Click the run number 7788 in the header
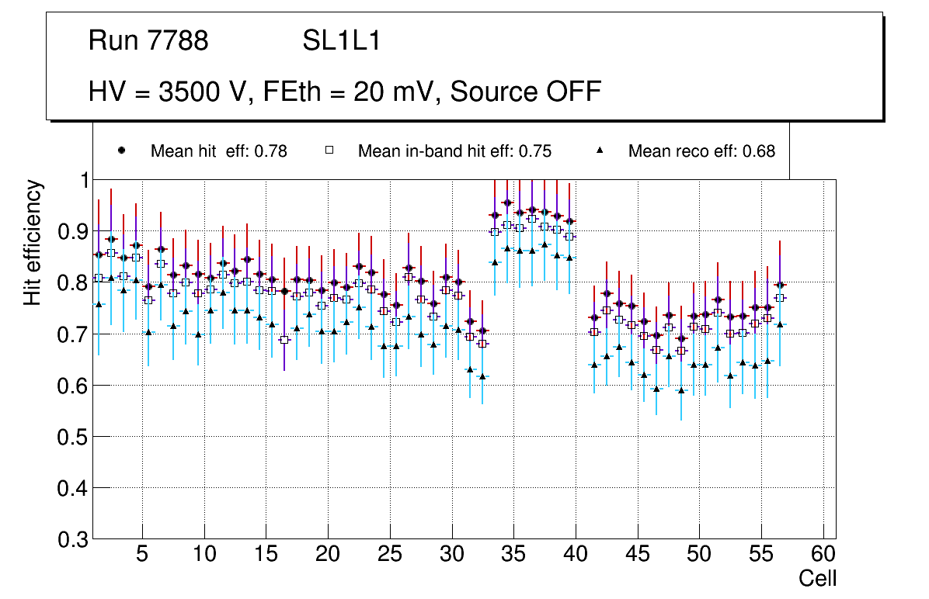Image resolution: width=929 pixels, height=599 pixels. (x=179, y=41)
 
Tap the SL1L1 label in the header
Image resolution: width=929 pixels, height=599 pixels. (x=342, y=41)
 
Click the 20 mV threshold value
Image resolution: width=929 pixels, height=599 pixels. (x=393, y=92)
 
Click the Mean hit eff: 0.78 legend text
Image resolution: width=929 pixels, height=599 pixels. (x=218, y=151)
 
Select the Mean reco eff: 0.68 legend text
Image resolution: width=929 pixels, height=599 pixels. (x=701, y=151)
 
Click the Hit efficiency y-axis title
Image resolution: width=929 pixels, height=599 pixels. (x=33, y=242)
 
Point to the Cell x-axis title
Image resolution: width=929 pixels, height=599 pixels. (x=818, y=579)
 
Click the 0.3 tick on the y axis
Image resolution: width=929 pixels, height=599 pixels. (x=74, y=539)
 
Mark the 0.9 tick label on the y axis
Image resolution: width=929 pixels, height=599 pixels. (x=74, y=231)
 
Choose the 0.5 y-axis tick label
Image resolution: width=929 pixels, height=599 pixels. (x=74, y=437)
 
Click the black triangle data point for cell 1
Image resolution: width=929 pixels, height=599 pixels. (x=99, y=304)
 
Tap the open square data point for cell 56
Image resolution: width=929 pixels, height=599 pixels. (x=780, y=298)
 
